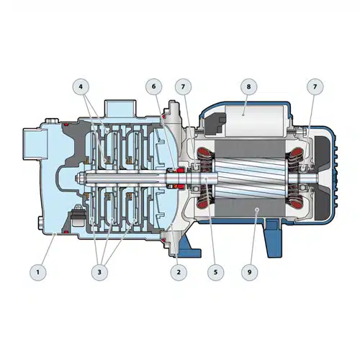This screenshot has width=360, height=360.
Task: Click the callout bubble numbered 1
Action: pyautogui.click(x=38, y=272)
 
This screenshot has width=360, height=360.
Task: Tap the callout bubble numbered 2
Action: pyautogui.click(x=179, y=272)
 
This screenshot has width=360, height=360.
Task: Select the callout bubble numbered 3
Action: pyautogui.click(x=99, y=272)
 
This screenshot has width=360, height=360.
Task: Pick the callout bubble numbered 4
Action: pyautogui.click(x=81, y=86)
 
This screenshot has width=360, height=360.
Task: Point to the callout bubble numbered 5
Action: pyautogui.click(x=215, y=272)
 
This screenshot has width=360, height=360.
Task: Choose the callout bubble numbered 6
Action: pyautogui.click(x=154, y=86)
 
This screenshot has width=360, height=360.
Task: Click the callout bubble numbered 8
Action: pyautogui.click(x=248, y=86)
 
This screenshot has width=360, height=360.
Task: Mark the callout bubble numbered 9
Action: pyautogui.click(x=250, y=272)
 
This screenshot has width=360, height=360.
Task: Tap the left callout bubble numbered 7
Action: pyautogui.click(x=184, y=86)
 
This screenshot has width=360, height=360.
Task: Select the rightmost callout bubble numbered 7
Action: pyautogui.click(x=315, y=86)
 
